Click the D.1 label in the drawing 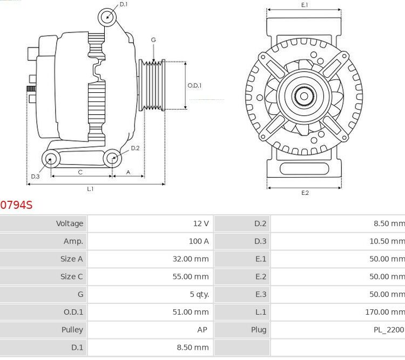[x=124, y=4]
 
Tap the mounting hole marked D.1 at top [x=107, y=17]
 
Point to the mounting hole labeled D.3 [x=51, y=159]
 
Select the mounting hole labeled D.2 [x=112, y=158]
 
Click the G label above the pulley [x=153, y=40]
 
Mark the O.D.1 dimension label [x=194, y=85]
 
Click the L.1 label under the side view [x=90, y=189]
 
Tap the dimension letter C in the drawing [x=80, y=172]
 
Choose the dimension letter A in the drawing [x=128, y=172]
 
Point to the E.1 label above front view [x=305, y=5]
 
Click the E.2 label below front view [x=305, y=193]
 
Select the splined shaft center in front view [x=303, y=97]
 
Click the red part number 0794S [x=16, y=205]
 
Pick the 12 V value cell [x=201, y=223]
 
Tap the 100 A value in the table [x=198, y=241]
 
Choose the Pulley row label [x=72, y=330]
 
